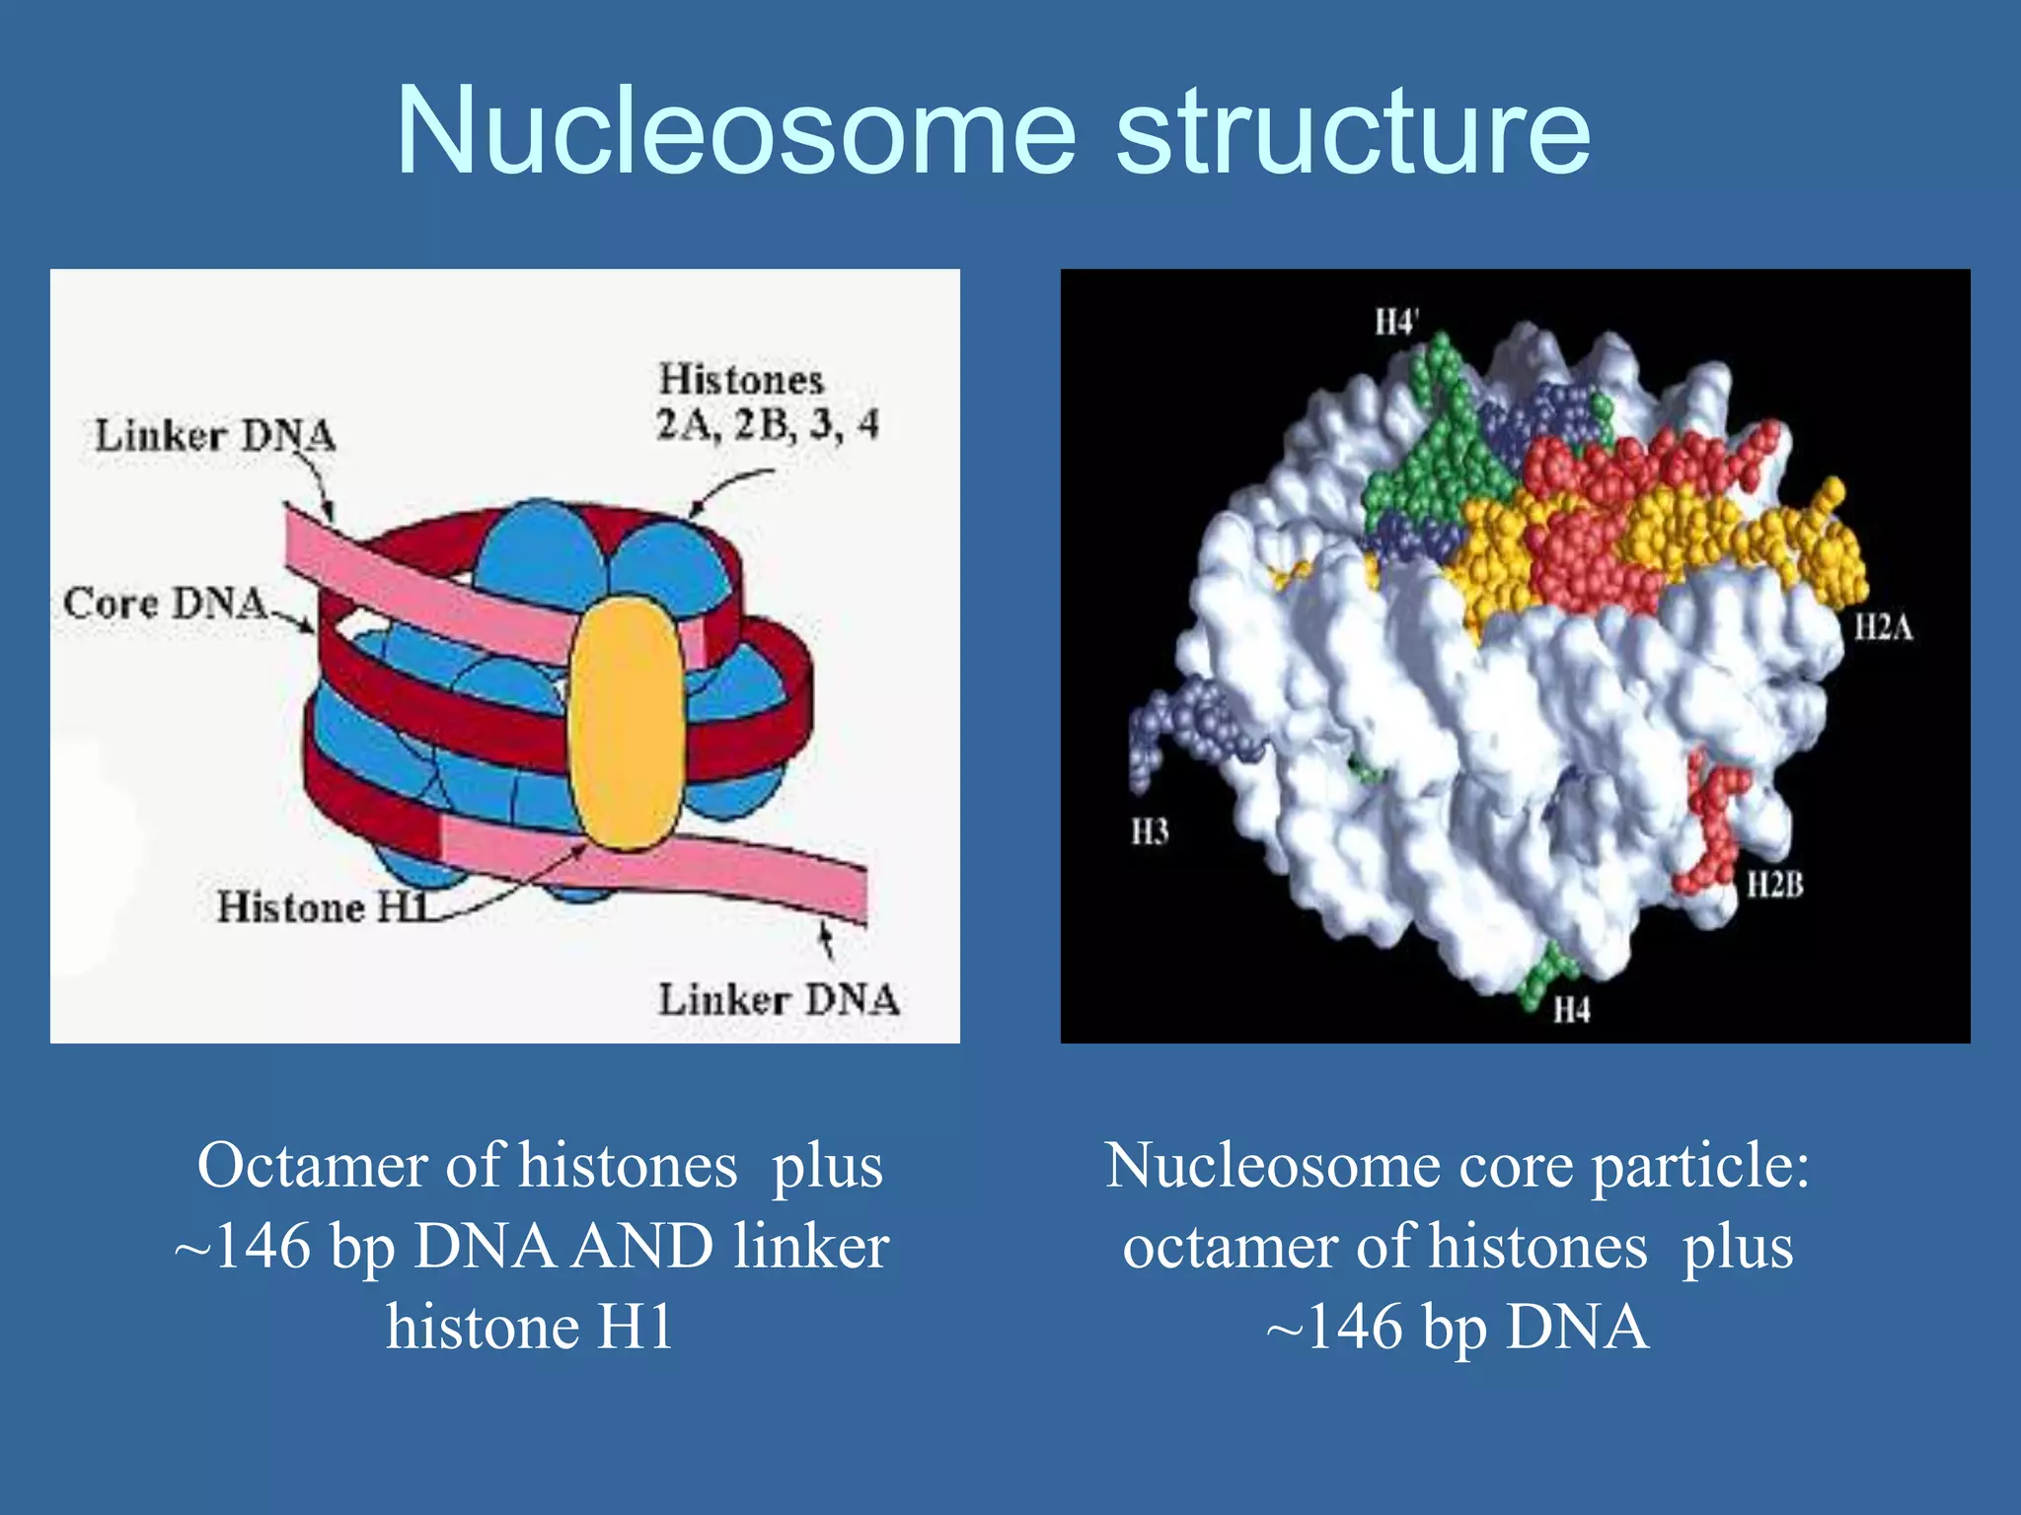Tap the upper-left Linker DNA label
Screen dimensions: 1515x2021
(215, 436)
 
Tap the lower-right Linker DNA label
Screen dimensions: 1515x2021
(779, 1000)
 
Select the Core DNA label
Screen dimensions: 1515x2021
(165, 603)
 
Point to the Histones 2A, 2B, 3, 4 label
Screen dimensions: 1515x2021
(767, 402)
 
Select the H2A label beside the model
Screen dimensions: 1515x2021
(1883, 627)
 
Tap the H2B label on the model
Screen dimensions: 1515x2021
(1774, 885)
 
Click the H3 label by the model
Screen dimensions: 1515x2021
(1150, 831)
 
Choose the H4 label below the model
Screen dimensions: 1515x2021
(1572, 1010)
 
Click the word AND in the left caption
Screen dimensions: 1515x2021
(642, 1246)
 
